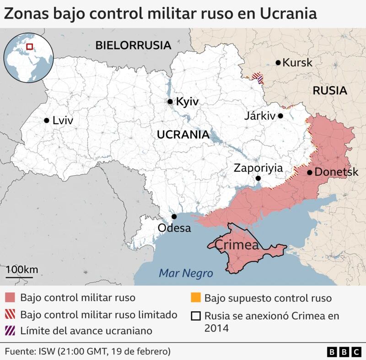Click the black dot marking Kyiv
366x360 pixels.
point(170,102)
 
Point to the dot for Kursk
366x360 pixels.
point(278,63)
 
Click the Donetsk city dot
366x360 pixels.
point(310,173)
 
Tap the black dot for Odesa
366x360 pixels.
point(174,217)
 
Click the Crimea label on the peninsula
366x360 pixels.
point(236,245)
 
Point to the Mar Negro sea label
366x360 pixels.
point(186,273)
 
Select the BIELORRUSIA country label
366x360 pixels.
point(133,45)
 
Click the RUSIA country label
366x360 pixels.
point(329,91)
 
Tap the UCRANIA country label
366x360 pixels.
point(183,135)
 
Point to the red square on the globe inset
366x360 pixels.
point(30,46)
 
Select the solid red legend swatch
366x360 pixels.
point(11,298)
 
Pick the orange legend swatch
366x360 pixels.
point(196,298)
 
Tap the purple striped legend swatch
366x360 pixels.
point(11,330)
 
